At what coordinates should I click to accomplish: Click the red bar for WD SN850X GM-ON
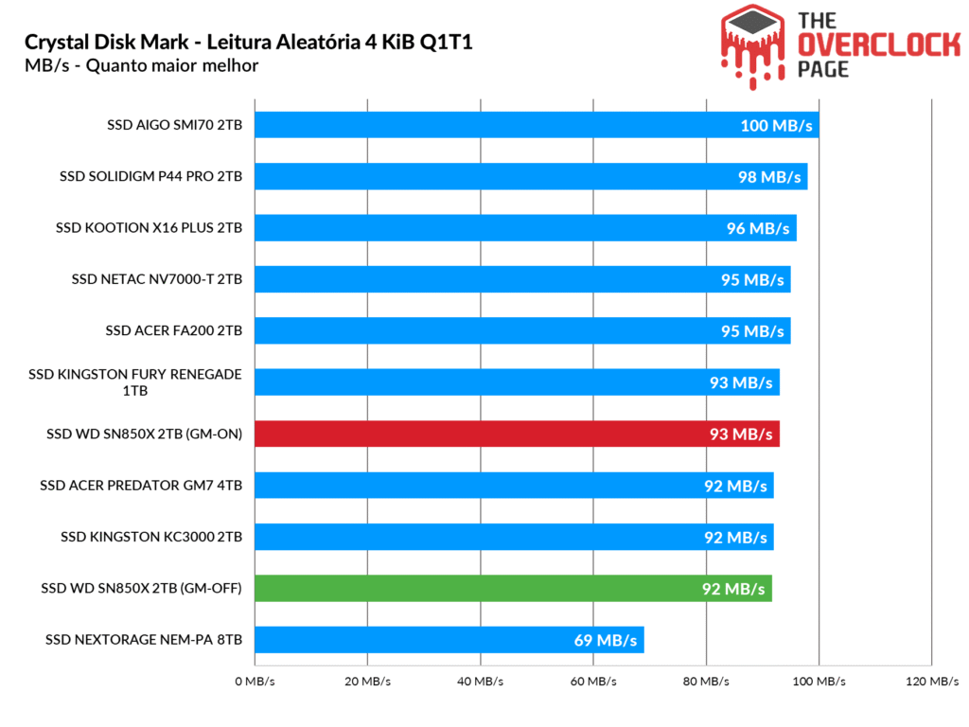[x=517, y=434]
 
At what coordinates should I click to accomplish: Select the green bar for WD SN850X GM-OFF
[x=513, y=588]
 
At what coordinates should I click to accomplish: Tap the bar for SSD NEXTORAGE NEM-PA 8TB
[x=449, y=640]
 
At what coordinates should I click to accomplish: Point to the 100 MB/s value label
[x=776, y=126]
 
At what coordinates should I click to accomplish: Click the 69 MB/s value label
[x=606, y=641]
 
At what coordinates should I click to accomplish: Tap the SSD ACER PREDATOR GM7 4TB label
[x=141, y=486]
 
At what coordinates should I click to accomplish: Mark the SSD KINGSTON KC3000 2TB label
[x=151, y=537]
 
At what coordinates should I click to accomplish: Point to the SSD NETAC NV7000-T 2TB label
[x=157, y=279]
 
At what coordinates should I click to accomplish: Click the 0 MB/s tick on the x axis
[x=255, y=682]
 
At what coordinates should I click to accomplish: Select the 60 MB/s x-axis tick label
[x=594, y=682]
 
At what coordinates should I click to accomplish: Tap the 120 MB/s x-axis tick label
[x=932, y=682]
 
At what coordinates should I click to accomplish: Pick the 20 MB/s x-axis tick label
[x=368, y=682]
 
